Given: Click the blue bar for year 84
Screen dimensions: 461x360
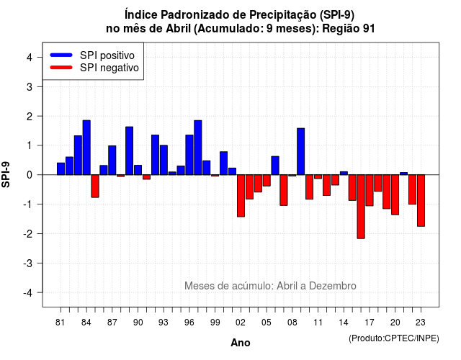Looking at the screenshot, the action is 86,148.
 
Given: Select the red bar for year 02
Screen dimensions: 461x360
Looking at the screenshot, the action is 241,196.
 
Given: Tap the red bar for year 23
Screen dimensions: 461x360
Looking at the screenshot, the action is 421,200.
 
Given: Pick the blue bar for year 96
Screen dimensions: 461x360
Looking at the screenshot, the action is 189,155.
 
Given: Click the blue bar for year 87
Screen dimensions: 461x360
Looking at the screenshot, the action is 112,160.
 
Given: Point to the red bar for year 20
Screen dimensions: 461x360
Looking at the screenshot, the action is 395,195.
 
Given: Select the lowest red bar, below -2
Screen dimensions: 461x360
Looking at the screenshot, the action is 361,207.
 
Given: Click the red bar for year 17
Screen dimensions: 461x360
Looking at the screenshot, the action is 370,190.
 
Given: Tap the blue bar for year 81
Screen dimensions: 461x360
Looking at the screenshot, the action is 61,168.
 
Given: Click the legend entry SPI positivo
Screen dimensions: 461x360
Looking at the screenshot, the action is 107,55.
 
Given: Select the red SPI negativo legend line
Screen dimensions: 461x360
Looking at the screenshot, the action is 61,68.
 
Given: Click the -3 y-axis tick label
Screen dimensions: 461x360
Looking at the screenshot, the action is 28,263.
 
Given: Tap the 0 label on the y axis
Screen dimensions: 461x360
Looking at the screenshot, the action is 30,175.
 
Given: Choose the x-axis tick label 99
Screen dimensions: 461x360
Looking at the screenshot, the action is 215,323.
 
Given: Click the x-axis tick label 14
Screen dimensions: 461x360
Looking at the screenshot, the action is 344,323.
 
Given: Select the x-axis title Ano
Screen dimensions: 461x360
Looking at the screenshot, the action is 241,343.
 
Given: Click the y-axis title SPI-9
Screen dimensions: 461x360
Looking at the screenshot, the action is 6,174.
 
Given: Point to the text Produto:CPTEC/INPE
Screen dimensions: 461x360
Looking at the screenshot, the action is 394,338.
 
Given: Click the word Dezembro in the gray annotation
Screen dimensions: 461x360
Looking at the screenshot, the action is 333,286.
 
